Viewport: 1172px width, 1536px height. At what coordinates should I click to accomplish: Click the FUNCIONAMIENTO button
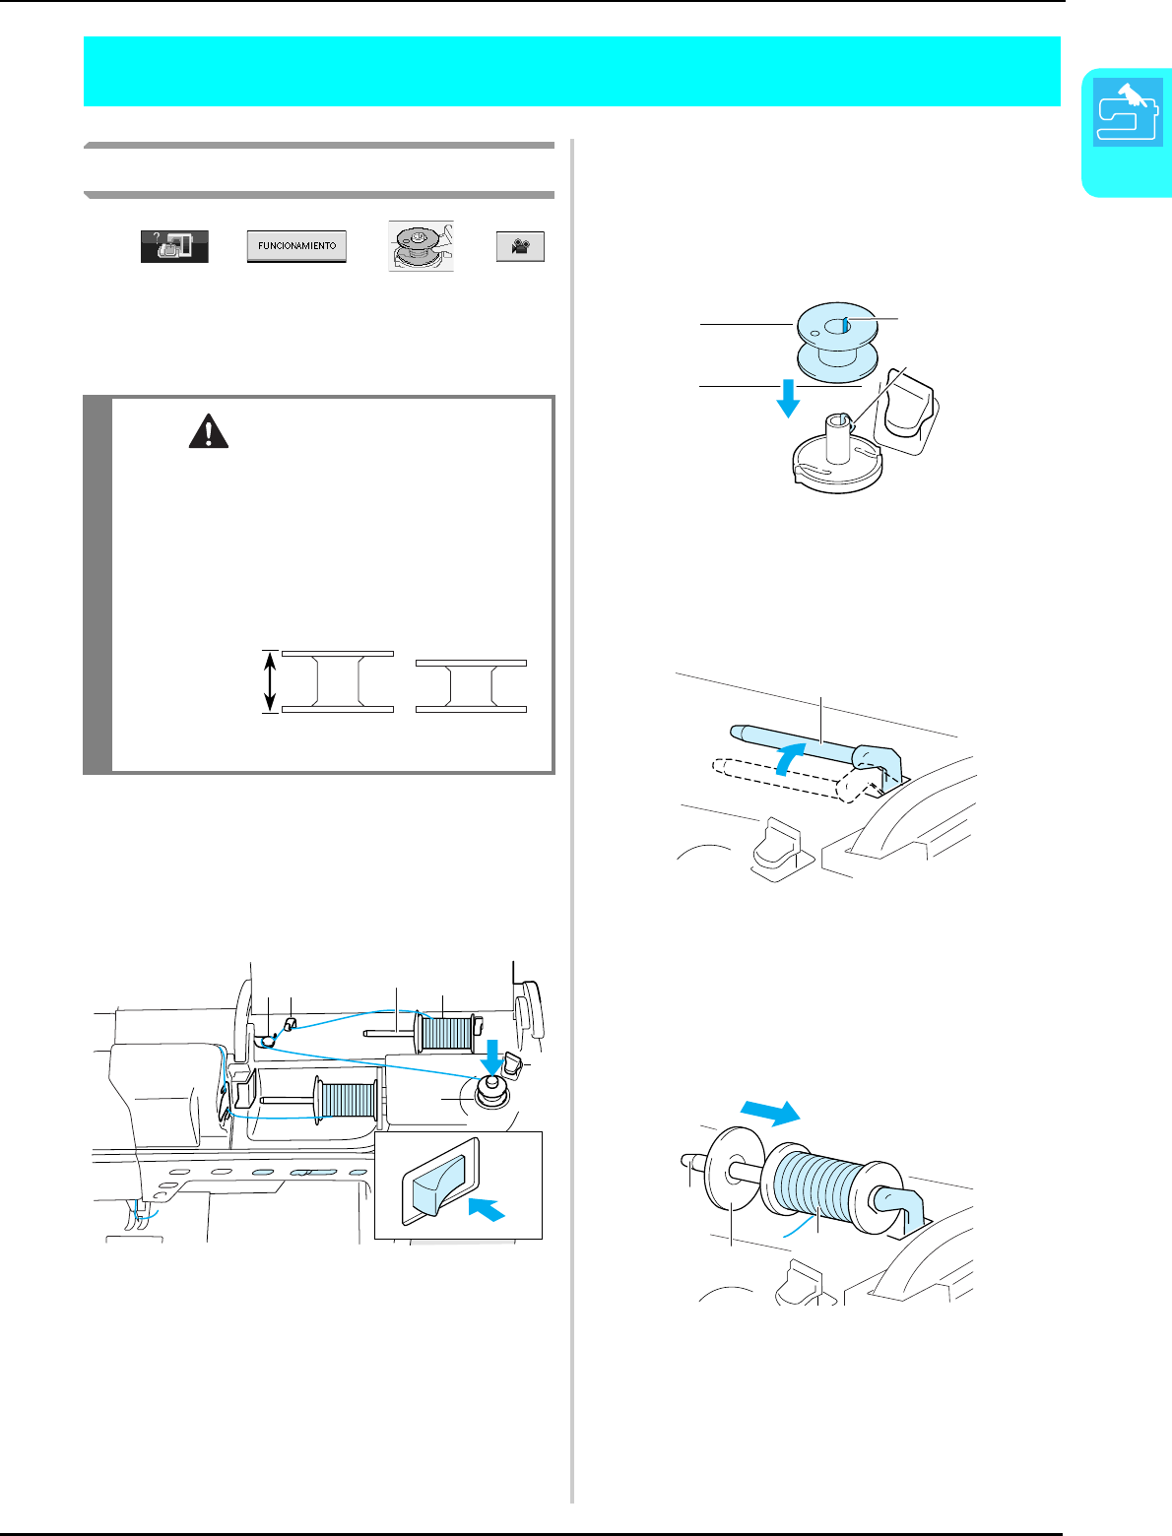[296, 246]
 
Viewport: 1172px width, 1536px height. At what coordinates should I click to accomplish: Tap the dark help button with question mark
[174, 246]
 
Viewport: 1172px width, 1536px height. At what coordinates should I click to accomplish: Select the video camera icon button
[520, 247]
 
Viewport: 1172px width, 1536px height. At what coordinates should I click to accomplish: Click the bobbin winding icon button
[422, 245]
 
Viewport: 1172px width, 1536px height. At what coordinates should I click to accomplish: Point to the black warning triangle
[209, 431]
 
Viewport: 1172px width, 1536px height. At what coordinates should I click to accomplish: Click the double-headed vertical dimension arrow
[270, 681]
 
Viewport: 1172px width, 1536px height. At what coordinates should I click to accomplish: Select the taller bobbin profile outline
[337, 681]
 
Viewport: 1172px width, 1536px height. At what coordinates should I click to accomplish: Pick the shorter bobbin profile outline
[471, 685]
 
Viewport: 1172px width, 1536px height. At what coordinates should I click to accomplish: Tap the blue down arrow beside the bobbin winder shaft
[788, 398]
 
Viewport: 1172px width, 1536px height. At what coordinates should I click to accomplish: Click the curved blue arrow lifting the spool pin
[790, 758]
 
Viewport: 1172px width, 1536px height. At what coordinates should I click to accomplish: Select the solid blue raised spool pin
[815, 747]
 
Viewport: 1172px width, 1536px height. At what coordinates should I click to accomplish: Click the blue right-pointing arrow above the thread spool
[770, 1112]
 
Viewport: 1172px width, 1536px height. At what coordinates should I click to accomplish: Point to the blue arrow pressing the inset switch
[487, 1208]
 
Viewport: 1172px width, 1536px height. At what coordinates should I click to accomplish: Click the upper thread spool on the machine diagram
[445, 1032]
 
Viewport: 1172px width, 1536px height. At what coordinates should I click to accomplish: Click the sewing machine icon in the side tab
[1128, 112]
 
